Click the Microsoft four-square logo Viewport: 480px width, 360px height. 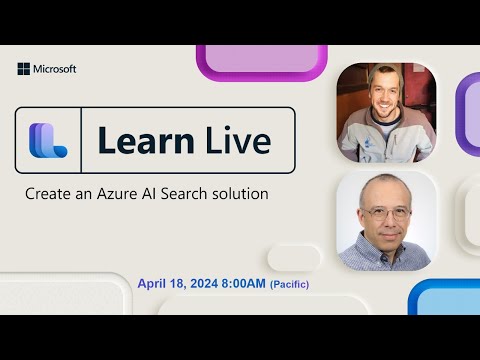(24, 69)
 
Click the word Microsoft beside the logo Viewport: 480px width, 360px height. (55, 69)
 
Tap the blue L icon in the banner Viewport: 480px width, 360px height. (47, 141)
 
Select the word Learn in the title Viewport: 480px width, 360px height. (142, 141)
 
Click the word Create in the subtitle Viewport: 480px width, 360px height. (47, 194)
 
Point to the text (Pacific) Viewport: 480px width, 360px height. (289, 286)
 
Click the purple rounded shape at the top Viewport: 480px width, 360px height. (262, 59)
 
